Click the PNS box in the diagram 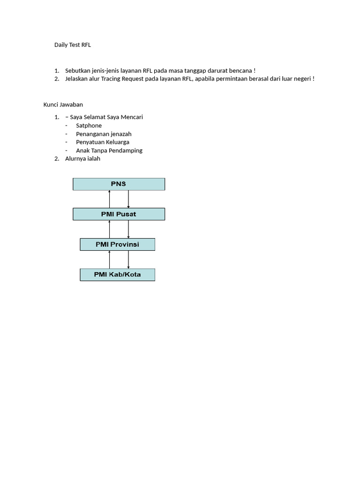pyautogui.click(x=119, y=184)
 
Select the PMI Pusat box pyautogui.click(x=119, y=214)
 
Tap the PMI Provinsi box pyautogui.click(x=117, y=244)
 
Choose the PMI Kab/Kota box pyautogui.click(x=117, y=275)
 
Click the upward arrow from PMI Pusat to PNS pyautogui.click(x=109, y=199)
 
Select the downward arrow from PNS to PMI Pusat pyautogui.click(x=128, y=199)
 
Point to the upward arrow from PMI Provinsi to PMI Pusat pyautogui.click(x=109, y=229)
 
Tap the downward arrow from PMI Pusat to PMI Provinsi pyautogui.click(x=128, y=229)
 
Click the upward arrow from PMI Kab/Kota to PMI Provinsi pyautogui.click(x=109, y=259)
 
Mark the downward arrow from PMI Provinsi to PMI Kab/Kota pyautogui.click(x=128, y=259)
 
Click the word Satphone pyautogui.click(x=89, y=126)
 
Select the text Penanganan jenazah pyautogui.click(x=104, y=134)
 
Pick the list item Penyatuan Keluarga pyautogui.click(x=103, y=142)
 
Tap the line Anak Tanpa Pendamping pyautogui.click(x=109, y=150)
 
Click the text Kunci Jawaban pyautogui.click(x=63, y=105)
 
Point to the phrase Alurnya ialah pyautogui.click(x=82, y=159)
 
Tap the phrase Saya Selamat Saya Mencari pyautogui.click(x=106, y=117)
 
